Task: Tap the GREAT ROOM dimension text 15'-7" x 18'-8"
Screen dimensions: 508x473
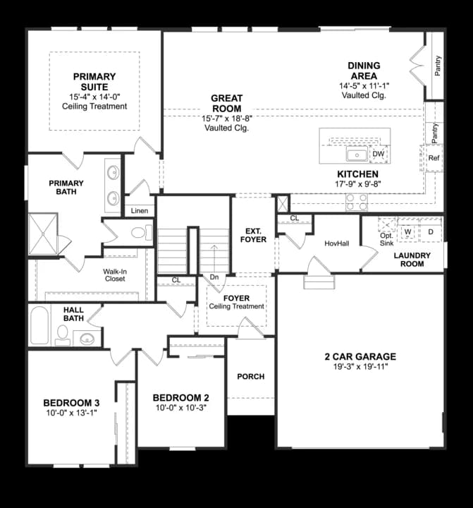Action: [x=226, y=119]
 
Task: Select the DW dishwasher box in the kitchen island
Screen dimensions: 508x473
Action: [x=379, y=154]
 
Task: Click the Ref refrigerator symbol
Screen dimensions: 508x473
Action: [x=434, y=158]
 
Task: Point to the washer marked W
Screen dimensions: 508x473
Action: [x=408, y=231]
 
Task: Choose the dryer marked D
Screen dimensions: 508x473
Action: [x=430, y=231]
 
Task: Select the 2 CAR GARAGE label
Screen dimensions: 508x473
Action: [x=360, y=356]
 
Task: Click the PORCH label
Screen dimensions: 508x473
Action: [x=250, y=376]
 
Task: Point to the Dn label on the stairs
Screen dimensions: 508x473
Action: [x=214, y=277]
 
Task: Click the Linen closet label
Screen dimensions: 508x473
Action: [x=139, y=211]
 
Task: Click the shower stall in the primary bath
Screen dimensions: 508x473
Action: [x=42, y=233]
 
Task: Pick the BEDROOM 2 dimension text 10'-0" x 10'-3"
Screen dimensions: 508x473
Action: [x=181, y=409]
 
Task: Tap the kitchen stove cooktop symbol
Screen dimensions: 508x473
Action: [x=356, y=202]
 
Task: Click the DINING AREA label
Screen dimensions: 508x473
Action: [x=363, y=71]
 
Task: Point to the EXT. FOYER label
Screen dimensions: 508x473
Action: [x=255, y=235]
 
